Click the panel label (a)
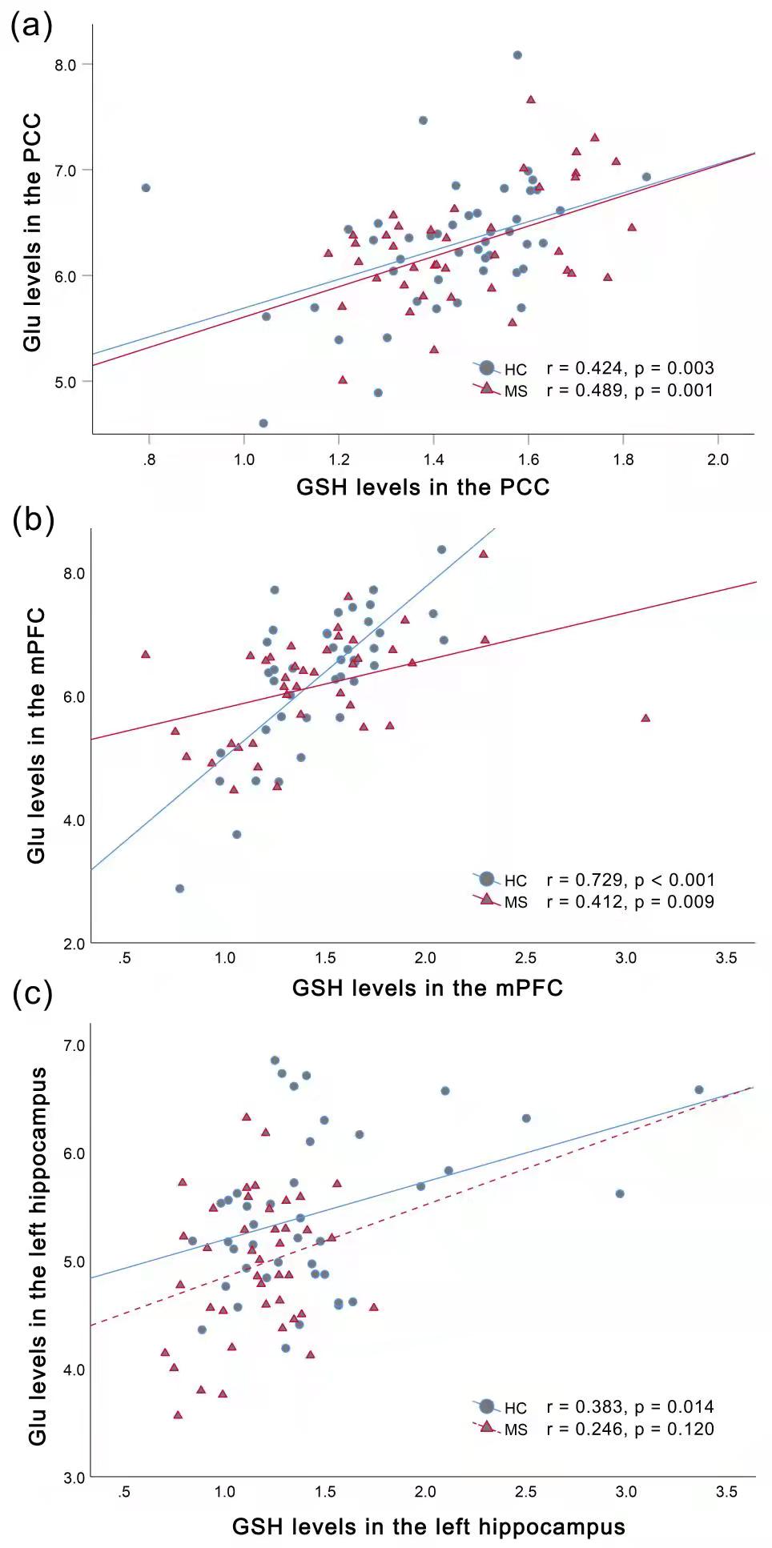(31, 26)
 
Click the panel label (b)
(33, 520)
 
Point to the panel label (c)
(32, 993)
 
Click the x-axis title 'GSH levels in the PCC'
(423, 487)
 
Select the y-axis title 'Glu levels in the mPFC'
(36, 736)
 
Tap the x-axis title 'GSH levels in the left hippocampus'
(428, 1526)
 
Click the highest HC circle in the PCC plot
(517, 55)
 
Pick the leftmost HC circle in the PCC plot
(146, 187)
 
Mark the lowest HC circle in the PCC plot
(263, 423)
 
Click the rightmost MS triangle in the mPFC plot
(645, 718)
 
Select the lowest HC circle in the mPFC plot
(180, 888)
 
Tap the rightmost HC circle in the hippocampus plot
(698, 1089)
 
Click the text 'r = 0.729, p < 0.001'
(630, 880)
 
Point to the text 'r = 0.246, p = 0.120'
(629, 1429)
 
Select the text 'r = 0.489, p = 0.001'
(629, 390)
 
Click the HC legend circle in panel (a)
(487, 368)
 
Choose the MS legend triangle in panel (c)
(486, 1428)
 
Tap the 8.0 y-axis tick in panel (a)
(66, 65)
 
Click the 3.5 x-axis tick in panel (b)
(726, 958)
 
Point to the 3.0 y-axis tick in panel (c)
(74, 1478)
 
